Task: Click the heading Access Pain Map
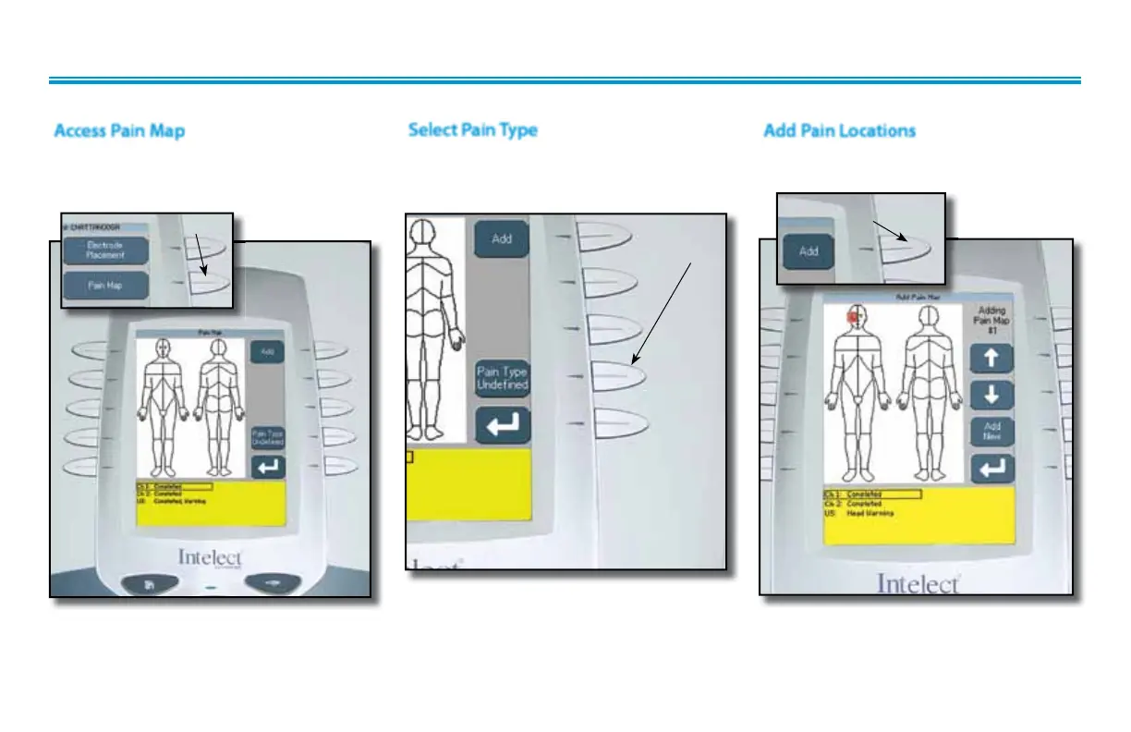pyautogui.click(x=119, y=130)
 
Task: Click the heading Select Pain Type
pyautogui.click(x=472, y=129)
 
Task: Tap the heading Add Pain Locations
pyautogui.click(x=839, y=130)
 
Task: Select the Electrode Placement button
pyautogui.click(x=105, y=250)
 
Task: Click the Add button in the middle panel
pyautogui.click(x=502, y=238)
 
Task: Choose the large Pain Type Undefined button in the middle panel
pyautogui.click(x=502, y=378)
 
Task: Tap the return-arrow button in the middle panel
pyautogui.click(x=502, y=425)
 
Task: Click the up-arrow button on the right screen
pyautogui.click(x=992, y=359)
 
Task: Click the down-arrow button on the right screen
pyautogui.click(x=992, y=395)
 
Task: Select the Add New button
pyautogui.click(x=992, y=432)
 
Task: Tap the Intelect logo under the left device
pyautogui.click(x=210, y=557)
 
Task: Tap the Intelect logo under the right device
pyautogui.click(x=918, y=584)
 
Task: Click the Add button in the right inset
pyautogui.click(x=809, y=250)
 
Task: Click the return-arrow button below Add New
pyautogui.click(x=992, y=469)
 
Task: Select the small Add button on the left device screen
pyautogui.click(x=267, y=352)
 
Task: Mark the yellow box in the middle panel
pyautogui.click(x=468, y=485)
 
